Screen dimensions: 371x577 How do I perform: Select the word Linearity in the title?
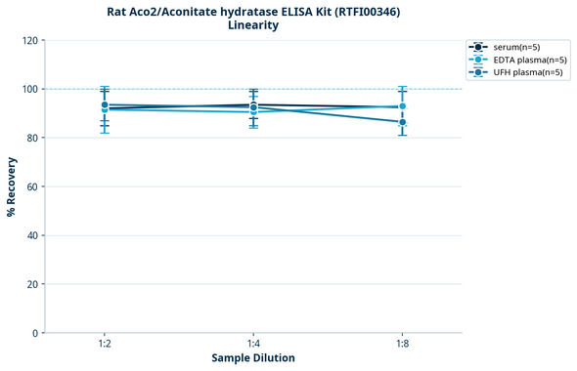point(252,25)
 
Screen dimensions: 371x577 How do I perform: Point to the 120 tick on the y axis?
point(29,40)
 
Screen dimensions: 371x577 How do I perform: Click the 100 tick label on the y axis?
point(29,89)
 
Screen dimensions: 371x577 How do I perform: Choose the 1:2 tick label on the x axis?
point(104,345)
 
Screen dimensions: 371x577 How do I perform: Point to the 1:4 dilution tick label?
point(253,345)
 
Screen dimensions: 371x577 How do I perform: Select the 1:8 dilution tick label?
point(402,345)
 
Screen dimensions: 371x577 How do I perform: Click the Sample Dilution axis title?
point(253,358)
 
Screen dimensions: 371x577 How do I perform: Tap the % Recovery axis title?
point(12,186)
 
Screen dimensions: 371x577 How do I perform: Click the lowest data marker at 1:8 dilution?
point(402,122)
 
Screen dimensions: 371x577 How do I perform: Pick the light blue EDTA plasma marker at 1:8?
point(402,106)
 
